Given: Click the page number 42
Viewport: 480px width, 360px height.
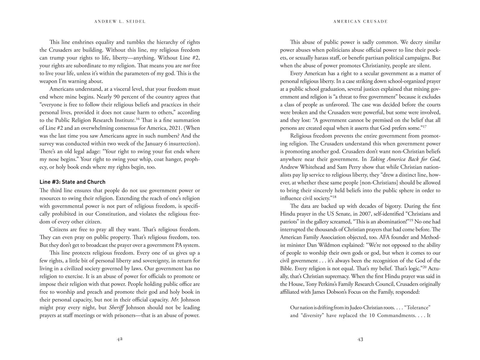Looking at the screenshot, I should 119,339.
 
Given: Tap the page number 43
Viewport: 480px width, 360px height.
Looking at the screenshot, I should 360,339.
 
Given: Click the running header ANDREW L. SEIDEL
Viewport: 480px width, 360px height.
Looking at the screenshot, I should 120,21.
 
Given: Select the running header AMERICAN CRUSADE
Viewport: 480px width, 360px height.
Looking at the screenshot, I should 360,21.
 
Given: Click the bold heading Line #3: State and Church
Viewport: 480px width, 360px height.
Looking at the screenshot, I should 72,182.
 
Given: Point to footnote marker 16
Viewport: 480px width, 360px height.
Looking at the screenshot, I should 137,119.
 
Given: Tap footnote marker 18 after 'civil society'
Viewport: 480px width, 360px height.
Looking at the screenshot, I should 334,197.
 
